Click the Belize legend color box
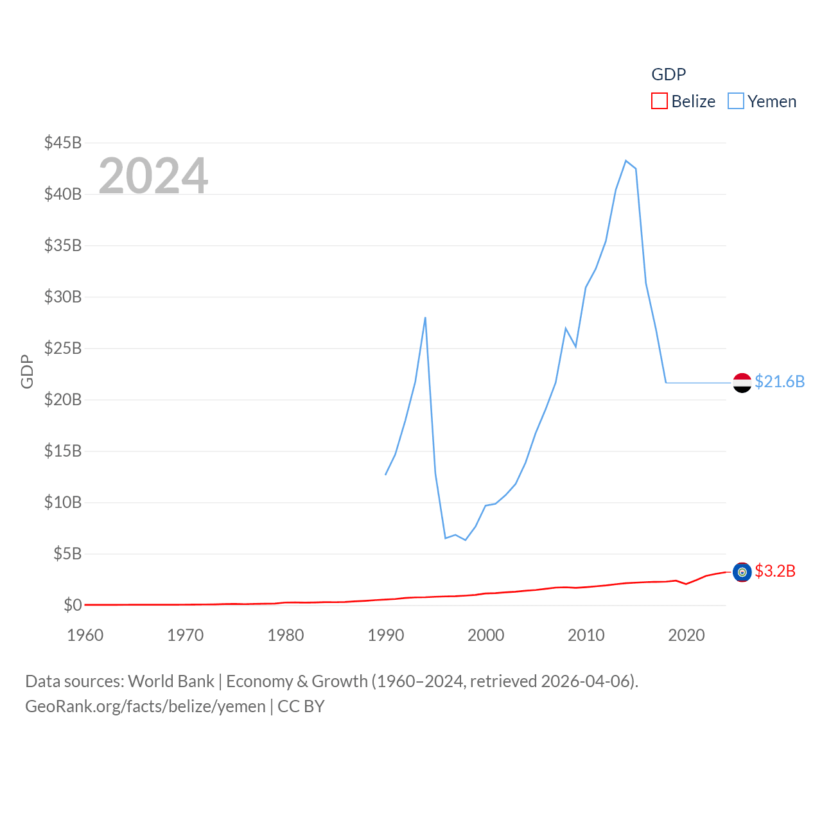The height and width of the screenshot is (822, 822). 660,101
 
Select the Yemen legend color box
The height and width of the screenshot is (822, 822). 736,101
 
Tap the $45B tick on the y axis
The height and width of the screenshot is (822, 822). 63,143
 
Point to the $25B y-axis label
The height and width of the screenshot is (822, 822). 63,348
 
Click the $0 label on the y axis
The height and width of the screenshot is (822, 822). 73,605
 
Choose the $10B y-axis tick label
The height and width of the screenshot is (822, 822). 63,502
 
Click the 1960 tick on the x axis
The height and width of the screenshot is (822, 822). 85,635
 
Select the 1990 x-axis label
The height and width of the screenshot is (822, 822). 386,635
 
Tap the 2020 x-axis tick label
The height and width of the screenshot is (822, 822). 686,635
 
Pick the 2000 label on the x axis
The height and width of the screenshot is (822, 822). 486,635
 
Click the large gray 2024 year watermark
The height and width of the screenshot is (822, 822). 153,175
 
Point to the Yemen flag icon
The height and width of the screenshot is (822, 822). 742,383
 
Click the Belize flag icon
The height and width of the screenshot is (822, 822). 742,572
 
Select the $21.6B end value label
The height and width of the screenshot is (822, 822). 780,381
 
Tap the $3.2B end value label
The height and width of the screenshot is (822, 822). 775,571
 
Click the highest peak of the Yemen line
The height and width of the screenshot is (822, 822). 626,161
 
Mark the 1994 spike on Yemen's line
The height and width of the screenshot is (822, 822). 425,317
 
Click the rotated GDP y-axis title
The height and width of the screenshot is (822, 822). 27,371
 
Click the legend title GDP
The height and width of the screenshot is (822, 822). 669,74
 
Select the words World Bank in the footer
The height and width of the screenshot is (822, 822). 171,681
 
